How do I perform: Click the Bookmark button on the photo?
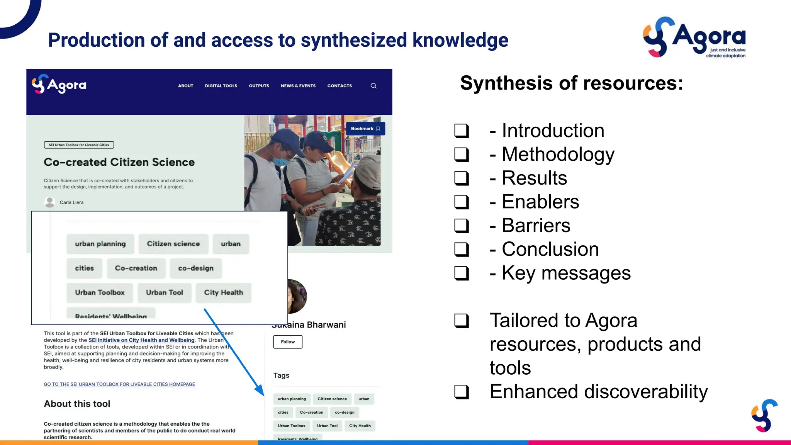[365, 129]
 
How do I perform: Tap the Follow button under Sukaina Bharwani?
[288, 342]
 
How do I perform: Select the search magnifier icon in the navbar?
[373, 86]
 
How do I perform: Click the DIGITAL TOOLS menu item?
[221, 86]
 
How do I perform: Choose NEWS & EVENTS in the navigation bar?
[298, 86]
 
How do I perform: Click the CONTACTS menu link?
[339, 86]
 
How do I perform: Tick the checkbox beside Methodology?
[461, 155]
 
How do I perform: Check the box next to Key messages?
[461, 273]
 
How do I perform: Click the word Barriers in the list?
[536, 226]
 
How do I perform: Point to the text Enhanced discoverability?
[599, 392]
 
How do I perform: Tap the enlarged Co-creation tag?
[136, 268]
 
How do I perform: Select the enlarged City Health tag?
[223, 293]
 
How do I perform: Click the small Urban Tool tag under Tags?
[327, 426]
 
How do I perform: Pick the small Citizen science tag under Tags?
[332, 399]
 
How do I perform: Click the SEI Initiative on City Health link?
[141, 340]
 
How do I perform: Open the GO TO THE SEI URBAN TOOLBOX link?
[119, 384]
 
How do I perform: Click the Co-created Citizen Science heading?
[119, 162]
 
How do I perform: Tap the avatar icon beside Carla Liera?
[50, 202]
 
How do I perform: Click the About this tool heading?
[77, 404]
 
